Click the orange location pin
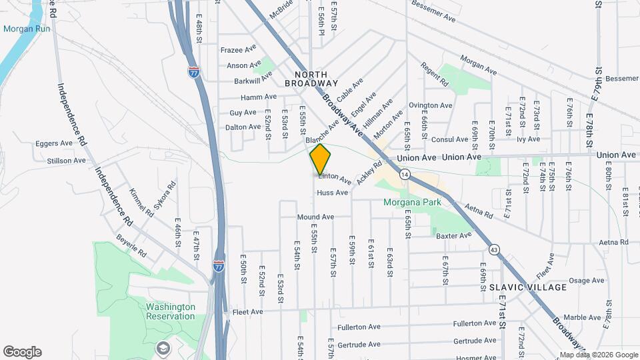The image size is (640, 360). click(x=321, y=159)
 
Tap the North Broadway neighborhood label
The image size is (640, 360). click(x=311, y=79)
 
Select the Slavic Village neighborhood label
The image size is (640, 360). click(x=528, y=287)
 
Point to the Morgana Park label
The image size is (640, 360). click(x=408, y=203)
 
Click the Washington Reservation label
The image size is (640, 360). click(x=171, y=311)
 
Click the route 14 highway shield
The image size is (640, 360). click(x=405, y=174)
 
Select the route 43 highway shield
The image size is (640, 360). click(x=494, y=249)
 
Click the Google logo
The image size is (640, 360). click(x=22, y=352)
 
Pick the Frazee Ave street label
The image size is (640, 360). click(x=239, y=49)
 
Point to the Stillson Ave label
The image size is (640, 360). click(x=71, y=160)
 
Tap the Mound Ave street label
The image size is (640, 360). click(x=315, y=217)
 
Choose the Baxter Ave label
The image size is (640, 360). click(x=453, y=235)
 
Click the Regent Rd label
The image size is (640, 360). click(x=435, y=75)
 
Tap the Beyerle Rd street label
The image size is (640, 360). click(x=131, y=247)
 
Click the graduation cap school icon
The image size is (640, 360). click(x=162, y=348)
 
